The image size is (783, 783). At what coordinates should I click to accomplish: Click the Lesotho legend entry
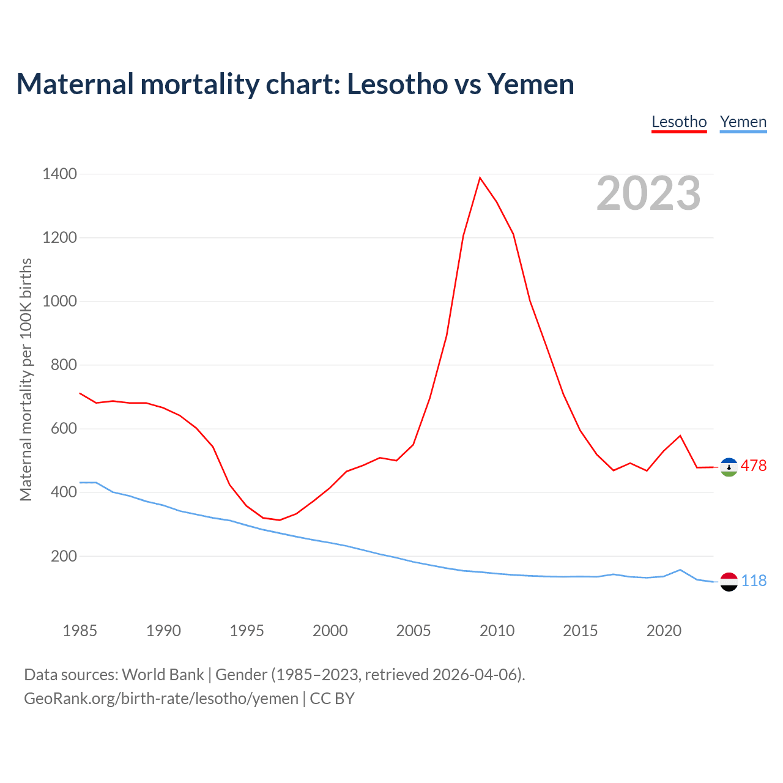click(679, 122)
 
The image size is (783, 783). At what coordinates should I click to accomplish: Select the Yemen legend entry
click(743, 122)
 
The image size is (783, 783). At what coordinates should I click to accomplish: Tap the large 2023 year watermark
click(648, 193)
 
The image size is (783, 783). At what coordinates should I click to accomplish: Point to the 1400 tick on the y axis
click(60, 174)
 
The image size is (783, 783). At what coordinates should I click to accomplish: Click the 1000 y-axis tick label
click(60, 302)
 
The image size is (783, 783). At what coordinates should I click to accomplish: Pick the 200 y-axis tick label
click(64, 556)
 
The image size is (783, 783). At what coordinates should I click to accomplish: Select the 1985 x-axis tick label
click(80, 631)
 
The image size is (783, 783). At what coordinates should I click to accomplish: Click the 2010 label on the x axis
click(497, 631)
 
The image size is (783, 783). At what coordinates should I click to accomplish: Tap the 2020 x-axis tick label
click(664, 631)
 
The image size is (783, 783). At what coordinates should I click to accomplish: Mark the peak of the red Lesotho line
click(480, 178)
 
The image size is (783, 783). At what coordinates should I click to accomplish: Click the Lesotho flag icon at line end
click(729, 467)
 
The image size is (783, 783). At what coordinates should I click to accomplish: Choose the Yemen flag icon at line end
click(729, 581)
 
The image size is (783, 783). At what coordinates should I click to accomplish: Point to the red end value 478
click(754, 466)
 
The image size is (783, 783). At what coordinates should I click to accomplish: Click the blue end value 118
click(754, 581)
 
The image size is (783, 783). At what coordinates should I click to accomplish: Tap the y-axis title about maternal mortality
click(26, 379)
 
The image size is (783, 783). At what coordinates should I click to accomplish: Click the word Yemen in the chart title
click(530, 84)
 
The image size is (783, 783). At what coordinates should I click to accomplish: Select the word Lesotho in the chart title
click(397, 84)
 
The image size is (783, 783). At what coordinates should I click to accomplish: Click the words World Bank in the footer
click(163, 675)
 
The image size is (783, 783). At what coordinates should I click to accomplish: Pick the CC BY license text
click(332, 699)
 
